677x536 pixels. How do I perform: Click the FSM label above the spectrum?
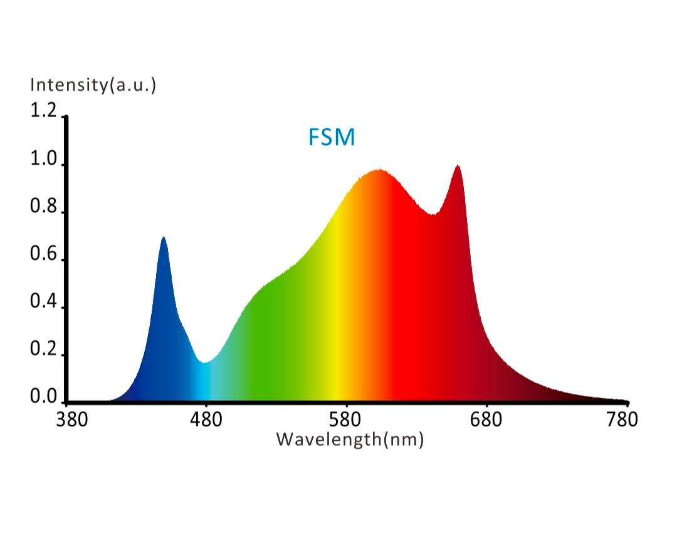[331, 137]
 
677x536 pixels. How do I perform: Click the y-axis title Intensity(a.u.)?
[93, 85]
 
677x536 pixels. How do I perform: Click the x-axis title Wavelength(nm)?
[350, 439]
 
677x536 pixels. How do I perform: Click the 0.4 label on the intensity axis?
[43, 302]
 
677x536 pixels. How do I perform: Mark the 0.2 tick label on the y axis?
[43, 349]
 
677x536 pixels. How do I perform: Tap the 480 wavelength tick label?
[207, 420]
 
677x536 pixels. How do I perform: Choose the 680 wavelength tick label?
[486, 420]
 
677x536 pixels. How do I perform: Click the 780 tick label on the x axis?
[624, 420]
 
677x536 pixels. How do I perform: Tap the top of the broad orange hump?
[379, 170]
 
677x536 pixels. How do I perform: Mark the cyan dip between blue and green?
[204, 362]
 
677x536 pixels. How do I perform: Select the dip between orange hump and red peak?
[433, 214]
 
